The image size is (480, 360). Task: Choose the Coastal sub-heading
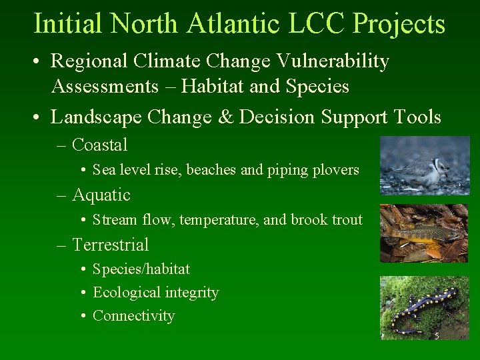[99, 145]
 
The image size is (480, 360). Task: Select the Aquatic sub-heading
[101, 195]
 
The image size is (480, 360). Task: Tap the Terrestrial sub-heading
[110, 245]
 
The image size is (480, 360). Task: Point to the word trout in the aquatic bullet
[345, 220]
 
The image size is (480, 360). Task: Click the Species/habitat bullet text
[141, 269]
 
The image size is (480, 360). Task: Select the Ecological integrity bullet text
[155, 293]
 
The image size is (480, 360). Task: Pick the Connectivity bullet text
[133, 316]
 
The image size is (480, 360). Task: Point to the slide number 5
[437, 335]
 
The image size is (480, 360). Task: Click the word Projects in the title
[399, 24]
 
